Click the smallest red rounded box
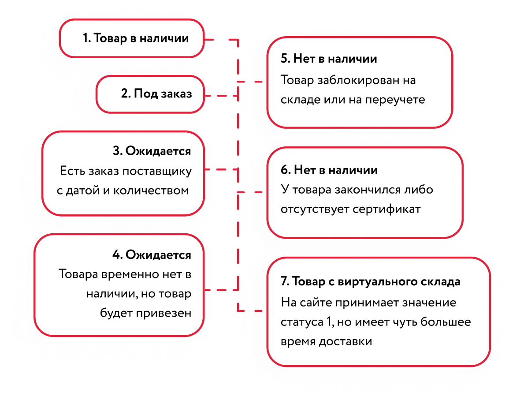point(150,94)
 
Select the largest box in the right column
point(379,312)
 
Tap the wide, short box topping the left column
point(132,38)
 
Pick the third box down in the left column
point(123,173)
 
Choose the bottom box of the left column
point(119,285)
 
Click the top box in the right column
point(360,82)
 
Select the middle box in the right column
point(365,193)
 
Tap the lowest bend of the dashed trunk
point(238,310)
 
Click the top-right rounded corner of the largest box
point(484,264)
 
